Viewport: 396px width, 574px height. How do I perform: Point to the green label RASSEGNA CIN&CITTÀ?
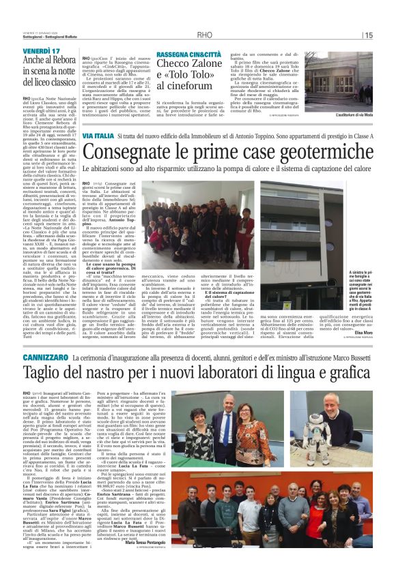189,54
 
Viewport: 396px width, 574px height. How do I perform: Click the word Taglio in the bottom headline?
62,374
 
